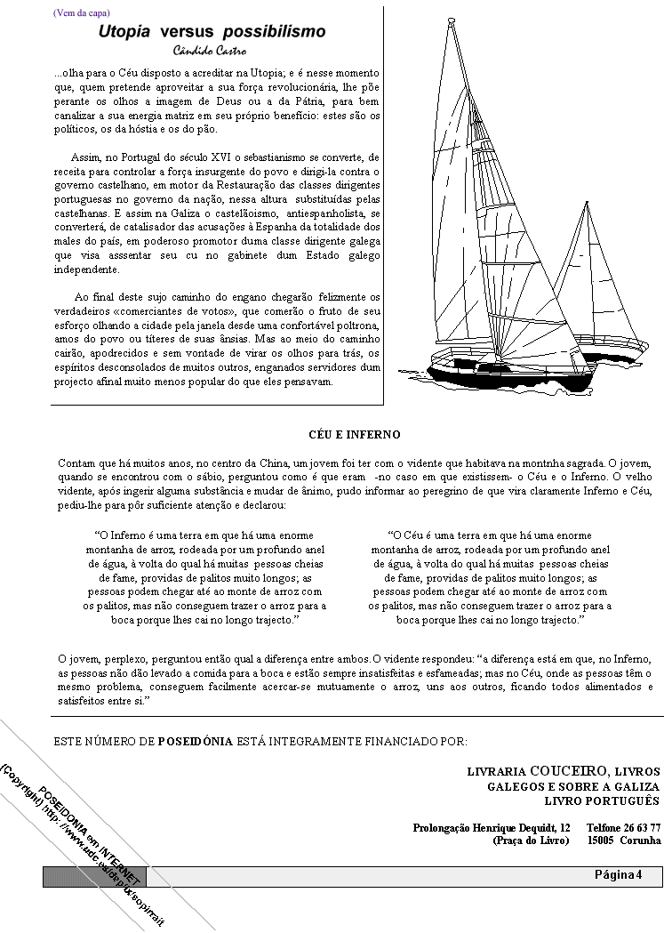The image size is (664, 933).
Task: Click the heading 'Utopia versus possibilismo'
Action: [212, 32]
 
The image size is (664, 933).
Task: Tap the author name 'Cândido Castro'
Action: [212, 50]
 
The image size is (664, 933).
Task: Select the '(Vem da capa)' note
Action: [82, 12]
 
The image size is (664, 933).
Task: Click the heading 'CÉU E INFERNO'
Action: [354, 435]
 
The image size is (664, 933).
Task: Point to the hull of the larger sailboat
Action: [511, 374]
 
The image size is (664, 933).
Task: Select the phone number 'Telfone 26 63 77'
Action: [623, 827]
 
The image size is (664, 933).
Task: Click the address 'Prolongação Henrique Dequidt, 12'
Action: [492, 827]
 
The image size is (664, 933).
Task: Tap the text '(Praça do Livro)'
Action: [531, 840]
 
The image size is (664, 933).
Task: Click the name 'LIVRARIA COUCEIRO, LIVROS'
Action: [564, 771]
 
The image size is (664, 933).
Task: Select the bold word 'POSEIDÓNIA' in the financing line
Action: [195, 740]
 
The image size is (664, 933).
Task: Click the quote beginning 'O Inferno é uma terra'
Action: [204, 577]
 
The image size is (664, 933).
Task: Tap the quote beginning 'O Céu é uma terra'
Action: [490, 577]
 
